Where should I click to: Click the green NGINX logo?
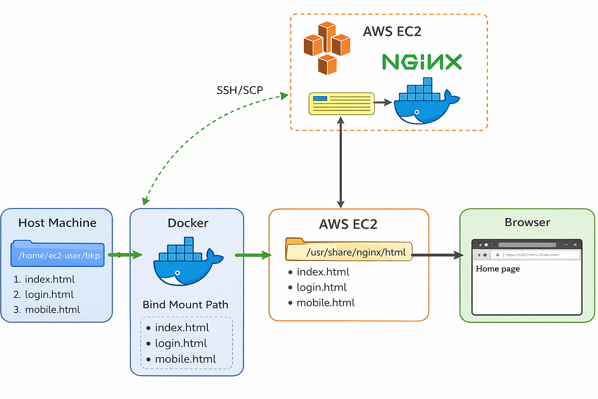click(x=422, y=62)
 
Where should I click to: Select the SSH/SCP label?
click(x=239, y=90)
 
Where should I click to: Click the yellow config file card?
click(x=341, y=104)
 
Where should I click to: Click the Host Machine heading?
click(x=57, y=222)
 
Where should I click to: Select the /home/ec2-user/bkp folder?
click(x=58, y=255)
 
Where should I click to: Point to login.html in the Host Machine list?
click(x=49, y=294)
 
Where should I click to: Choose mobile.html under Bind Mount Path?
click(x=185, y=359)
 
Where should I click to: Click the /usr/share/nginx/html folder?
click(x=349, y=251)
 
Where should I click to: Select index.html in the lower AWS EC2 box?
click(x=323, y=272)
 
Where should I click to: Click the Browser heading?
click(x=527, y=222)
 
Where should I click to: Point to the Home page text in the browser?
click(x=498, y=269)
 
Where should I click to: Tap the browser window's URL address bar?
click(x=531, y=255)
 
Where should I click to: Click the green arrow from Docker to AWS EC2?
click(x=253, y=255)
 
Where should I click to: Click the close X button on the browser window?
click(x=575, y=245)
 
